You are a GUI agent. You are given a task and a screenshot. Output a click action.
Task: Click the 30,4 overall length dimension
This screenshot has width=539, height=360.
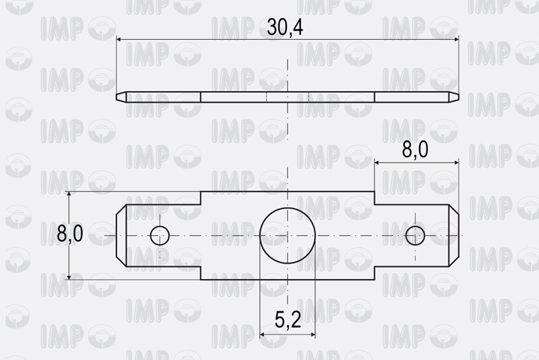[x=285, y=28]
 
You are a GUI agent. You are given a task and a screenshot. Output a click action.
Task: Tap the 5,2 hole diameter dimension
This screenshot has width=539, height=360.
[x=288, y=320]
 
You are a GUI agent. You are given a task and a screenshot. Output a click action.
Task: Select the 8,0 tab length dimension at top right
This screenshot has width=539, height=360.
[x=415, y=150]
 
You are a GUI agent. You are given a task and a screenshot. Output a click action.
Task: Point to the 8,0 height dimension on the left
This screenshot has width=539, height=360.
[x=70, y=233]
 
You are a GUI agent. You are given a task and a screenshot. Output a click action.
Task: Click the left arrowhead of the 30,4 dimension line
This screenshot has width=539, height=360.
[x=119, y=40]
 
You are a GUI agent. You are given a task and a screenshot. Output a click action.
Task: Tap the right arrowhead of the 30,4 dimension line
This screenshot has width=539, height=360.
[x=456, y=40]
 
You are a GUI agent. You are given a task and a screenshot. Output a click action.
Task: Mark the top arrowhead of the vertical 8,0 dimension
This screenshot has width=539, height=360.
[x=69, y=195]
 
